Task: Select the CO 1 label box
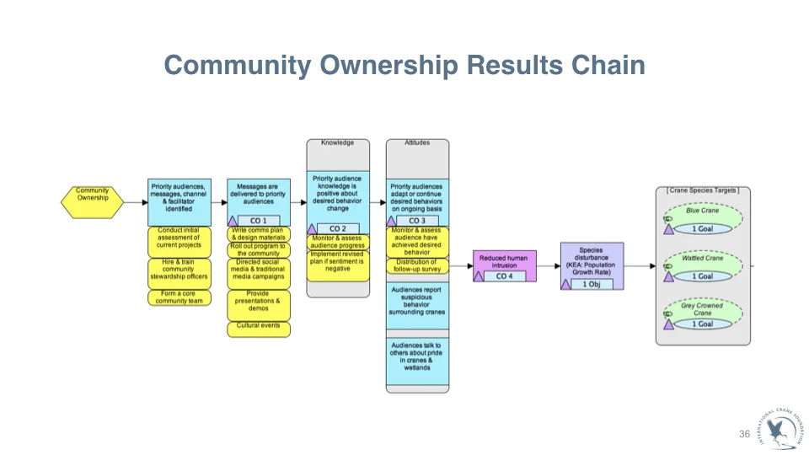coord(259,221)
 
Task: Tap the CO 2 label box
coord(337,228)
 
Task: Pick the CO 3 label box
coord(416,221)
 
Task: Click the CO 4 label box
coord(504,276)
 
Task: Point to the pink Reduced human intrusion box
coord(504,261)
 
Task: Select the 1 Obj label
coord(592,283)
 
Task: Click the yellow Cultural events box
coord(259,326)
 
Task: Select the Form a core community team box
coord(179,297)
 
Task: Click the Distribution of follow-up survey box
coord(417,266)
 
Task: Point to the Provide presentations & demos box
coord(259,301)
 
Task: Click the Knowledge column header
coord(337,143)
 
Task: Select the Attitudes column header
coord(417,143)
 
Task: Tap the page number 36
coord(744,433)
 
